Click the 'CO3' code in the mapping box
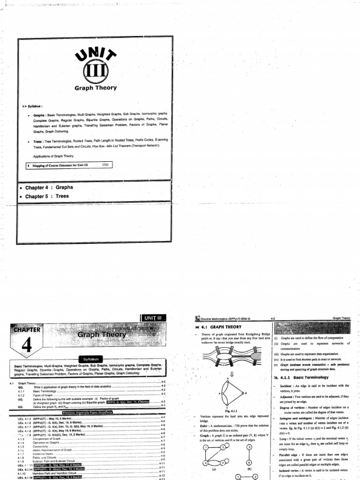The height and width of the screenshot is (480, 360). click(105, 165)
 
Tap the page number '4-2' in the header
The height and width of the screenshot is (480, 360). click(272, 318)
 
